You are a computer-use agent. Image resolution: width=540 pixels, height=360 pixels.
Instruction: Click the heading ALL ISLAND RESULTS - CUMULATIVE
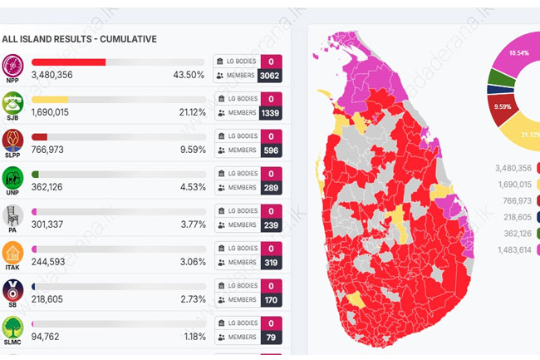79,39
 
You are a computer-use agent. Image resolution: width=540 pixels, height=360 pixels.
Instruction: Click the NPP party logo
12,66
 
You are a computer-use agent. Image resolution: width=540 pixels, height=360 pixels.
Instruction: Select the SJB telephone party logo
12,103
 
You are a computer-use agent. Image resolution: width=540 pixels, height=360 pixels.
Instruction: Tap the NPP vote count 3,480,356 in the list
52,75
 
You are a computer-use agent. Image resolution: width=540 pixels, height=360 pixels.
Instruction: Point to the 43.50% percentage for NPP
189,75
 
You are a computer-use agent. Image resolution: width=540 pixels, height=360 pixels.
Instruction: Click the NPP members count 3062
271,76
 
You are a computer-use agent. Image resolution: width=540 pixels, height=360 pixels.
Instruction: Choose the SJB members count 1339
271,113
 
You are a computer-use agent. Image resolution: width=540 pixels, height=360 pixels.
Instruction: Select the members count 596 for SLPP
271,150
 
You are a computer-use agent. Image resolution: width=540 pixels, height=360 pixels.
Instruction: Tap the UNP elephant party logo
12,178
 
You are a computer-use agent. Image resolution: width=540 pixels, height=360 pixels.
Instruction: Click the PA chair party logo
12,215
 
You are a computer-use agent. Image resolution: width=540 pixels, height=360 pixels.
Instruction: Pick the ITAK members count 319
271,263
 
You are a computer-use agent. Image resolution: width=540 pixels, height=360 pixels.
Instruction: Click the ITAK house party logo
12,253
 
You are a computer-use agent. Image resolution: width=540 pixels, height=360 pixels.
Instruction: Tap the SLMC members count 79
271,338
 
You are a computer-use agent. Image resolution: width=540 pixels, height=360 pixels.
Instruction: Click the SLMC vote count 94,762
47,337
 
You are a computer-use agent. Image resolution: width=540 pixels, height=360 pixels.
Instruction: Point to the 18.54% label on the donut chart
518,52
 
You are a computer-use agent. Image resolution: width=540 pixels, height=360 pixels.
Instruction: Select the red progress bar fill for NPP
68,62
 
